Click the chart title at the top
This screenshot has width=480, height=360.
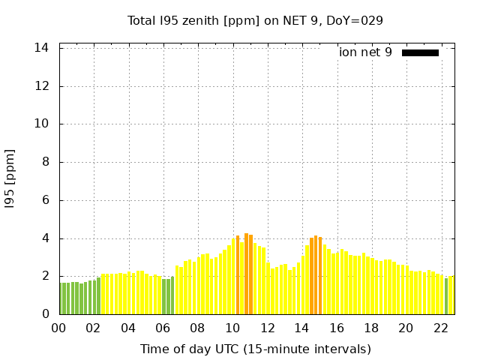pyautogui.click(x=255, y=20)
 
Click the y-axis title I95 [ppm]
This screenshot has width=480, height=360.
pyautogui.click(x=10, y=181)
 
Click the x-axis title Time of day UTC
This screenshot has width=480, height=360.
pyautogui.click(x=255, y=349)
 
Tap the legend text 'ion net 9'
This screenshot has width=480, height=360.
pyautogui.click(x=365, y=52)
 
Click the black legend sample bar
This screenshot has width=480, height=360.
pyautogui.click(x=420, y=52)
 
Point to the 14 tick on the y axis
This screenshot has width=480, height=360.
pyautogui.click(x=42, y=48)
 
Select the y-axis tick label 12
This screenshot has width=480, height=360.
pyautogui.click(x=42, y=86)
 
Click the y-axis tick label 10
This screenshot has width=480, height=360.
pyautogui.click(x=42, y=124)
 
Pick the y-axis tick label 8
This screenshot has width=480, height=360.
pyautogui.click(x=45, y=162)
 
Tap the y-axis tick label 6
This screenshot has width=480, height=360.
pyautogui.click(x=45, y=200)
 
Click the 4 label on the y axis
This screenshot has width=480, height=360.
pyautogui.click(x=45, y=238)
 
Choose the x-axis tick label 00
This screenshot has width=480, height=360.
pyautogui.click(x=58, y=328)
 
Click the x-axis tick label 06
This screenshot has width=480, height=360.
pyautogui.click(x=163, y=328)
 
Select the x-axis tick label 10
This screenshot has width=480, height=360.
pyautogui.click(x=232, y=328)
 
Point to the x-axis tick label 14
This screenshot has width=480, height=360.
pyautogui.click(x=301, y=328)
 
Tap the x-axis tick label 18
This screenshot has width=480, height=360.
pyautogui.click(x=371, y=328)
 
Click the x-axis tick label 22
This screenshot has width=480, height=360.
pyautogui.click(x=440, y=328)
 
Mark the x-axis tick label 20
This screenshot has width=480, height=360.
pyautogui.click(x=406, y=328)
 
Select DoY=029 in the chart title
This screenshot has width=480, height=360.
pyautogui.click(x=355, y=20)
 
